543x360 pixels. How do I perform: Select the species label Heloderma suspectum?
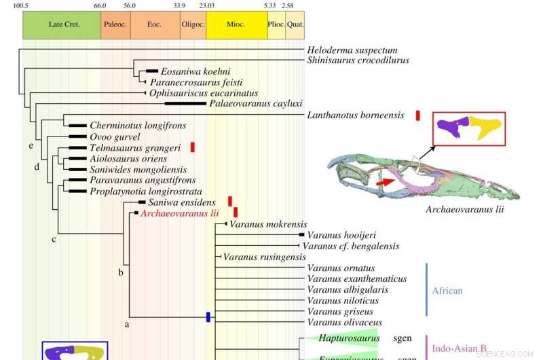tap(352, 50)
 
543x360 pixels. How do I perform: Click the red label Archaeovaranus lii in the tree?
tap(179, 213)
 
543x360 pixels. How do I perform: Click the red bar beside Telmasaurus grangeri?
tap(193, 147)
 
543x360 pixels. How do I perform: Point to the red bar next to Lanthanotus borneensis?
tap(418, 115)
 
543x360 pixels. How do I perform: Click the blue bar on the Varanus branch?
tap(209, 317)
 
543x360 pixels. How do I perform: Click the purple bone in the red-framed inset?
tap(453, 128)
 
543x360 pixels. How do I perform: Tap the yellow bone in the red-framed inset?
tap(485, 128)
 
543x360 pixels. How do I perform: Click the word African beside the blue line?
tap(447, 291)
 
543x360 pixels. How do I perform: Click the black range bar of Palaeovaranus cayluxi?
tap(185, 104)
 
